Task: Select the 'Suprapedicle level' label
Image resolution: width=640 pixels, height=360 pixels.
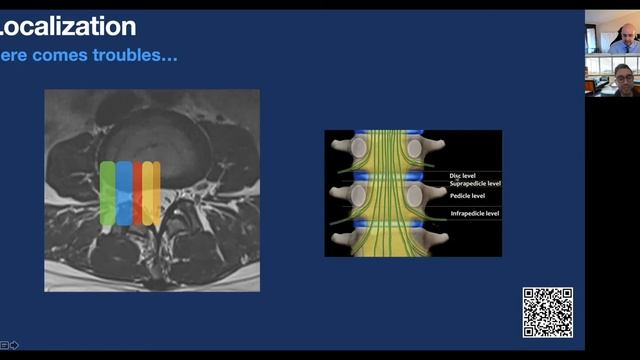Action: (475, 184)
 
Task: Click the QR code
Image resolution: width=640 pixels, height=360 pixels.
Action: (548, 312)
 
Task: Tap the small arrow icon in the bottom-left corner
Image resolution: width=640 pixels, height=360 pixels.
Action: (14, 345)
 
